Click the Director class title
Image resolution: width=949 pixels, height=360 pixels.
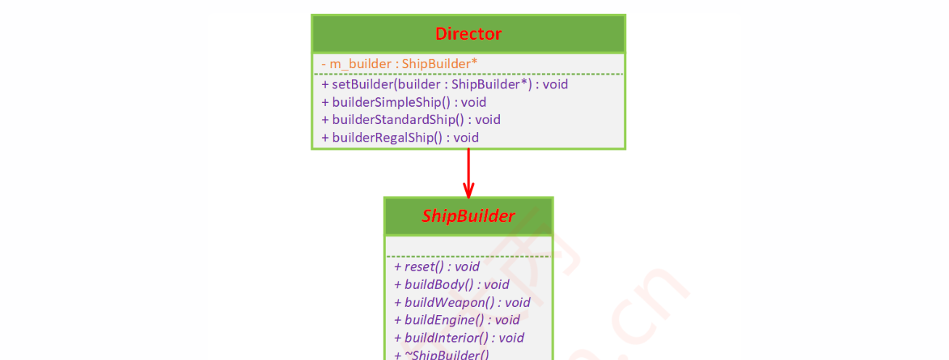coord(468,33)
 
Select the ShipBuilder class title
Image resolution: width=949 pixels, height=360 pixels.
coord(468,216)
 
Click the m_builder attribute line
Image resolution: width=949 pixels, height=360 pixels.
coord(399,64)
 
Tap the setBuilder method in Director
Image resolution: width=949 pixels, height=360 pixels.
coord(444,84)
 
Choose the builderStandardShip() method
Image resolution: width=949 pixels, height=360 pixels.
coord(411,120)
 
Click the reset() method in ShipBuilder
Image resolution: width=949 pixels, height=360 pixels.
coord(436,266)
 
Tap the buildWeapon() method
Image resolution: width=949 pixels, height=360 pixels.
coord(462,302)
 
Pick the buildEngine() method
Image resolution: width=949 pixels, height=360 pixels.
coord(456,320)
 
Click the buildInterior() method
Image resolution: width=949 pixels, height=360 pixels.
coord(459,337)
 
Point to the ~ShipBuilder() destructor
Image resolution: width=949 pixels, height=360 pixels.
coord(442,354)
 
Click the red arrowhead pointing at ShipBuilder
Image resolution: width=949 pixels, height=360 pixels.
coord(469,192)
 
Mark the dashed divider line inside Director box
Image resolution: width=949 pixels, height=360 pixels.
coord(468,74)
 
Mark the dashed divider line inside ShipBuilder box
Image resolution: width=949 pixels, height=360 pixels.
coord(468,256)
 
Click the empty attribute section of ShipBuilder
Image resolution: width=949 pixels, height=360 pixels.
coord(468,245)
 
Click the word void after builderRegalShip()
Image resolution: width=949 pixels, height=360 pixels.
coord(467,137)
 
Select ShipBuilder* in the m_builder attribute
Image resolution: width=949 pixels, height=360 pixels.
coord(440,64)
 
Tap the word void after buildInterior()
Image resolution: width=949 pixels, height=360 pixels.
coord(512,337)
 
